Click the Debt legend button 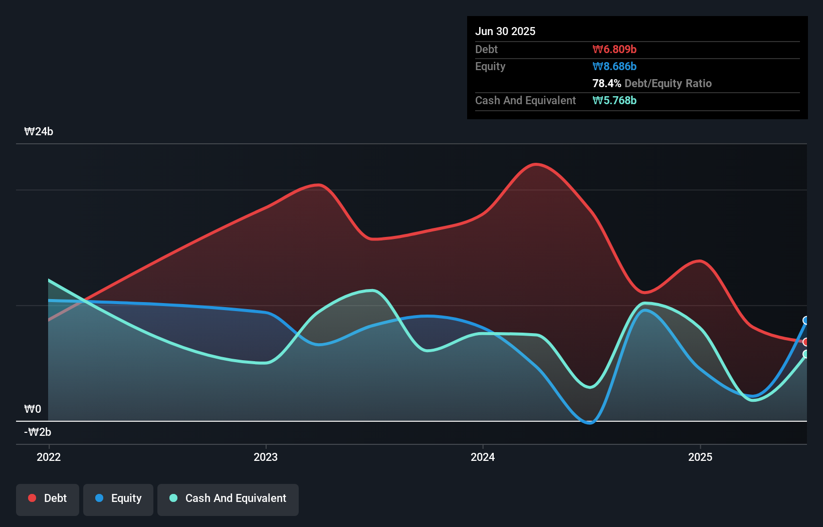click(x=48, y=498)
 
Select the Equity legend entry click(x=118, y=498)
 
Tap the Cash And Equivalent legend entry click(x=228, y=498)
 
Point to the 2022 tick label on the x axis click(x=49, y=457)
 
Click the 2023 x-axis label click(x=266, y=457)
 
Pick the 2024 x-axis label click(x=483, y=457)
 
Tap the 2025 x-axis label click(x=700, y=457)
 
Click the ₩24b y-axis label click(x=39, y=132)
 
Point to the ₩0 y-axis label click(x=33, y=409)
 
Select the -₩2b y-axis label click(x=38, y=432)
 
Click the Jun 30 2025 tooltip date click(x=505, y=31)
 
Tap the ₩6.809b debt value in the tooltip click(x=614, y=49)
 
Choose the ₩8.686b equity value click(x=614, y=66)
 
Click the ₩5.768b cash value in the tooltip click(x=614, y=100)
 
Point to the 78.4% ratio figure click(x=606, y=83)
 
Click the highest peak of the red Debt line click(x=536, y=164)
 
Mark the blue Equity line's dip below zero click(x=589, y=423)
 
